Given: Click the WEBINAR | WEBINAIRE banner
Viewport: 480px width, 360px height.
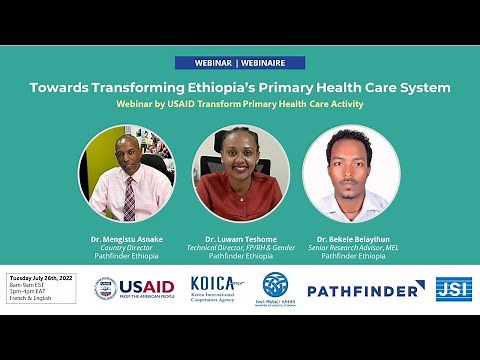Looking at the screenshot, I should [239, 62].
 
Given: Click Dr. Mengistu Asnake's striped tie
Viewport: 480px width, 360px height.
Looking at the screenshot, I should [129, 197].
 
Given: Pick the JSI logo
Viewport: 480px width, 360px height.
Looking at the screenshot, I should [453, 289].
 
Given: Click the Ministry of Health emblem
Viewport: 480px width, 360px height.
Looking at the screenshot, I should [275, 285].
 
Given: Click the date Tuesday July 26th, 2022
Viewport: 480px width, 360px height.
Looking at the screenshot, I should [42, 277].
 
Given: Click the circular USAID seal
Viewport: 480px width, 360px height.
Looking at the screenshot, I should [105, 288].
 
